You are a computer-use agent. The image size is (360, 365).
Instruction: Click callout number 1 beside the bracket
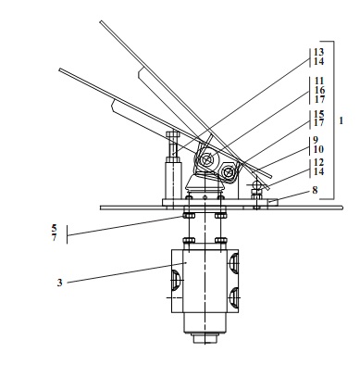[341, 120]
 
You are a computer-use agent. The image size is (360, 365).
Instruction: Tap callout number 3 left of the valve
[59, 283]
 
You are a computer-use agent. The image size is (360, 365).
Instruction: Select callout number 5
[55, 228]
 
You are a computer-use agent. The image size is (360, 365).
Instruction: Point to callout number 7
[55, 238]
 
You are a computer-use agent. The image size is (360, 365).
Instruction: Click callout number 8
[315, 190]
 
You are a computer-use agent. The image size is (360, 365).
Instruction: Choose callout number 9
[316, 140]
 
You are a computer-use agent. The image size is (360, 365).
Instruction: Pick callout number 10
[318, 149]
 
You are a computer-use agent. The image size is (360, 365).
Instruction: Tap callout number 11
[319, 81]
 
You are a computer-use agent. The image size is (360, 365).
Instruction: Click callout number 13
[319, 52]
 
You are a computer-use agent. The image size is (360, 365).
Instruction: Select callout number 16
[319, 91]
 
